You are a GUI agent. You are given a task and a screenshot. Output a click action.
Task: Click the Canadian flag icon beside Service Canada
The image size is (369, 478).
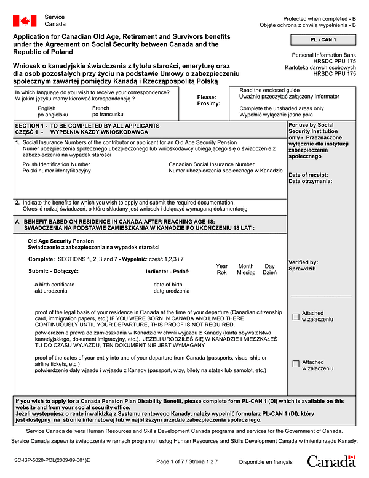click(25, 22)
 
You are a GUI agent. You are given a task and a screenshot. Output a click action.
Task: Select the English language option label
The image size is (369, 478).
click(46, 108)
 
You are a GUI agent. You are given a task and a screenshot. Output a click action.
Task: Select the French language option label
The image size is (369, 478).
click(101, 108)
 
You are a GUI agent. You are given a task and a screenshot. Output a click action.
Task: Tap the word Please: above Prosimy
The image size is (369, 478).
click(207, 97)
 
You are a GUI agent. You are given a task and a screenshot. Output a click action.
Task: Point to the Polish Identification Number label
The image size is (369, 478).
click(57, 164)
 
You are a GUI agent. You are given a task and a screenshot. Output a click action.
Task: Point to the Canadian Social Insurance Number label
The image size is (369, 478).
click(212, 164)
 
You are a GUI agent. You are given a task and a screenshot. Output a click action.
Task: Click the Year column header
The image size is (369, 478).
click(222, 266)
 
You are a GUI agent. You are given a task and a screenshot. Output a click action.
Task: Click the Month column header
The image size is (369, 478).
click(246, 266)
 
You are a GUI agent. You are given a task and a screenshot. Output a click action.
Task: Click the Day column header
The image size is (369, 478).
click(269, 266)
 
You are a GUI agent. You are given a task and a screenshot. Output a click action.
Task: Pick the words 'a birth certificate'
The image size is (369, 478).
click(55, 284)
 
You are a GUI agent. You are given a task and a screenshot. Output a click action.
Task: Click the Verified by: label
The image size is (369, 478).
click(303, 262)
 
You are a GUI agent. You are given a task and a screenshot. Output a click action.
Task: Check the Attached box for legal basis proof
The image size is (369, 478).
click(296, 316)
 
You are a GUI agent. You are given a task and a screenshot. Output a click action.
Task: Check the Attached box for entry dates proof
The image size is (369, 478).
click(296, 363)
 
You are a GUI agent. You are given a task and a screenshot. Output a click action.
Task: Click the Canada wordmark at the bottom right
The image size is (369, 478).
click(331, 461)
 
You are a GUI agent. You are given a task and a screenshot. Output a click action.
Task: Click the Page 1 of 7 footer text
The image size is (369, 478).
click(187, 461)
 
